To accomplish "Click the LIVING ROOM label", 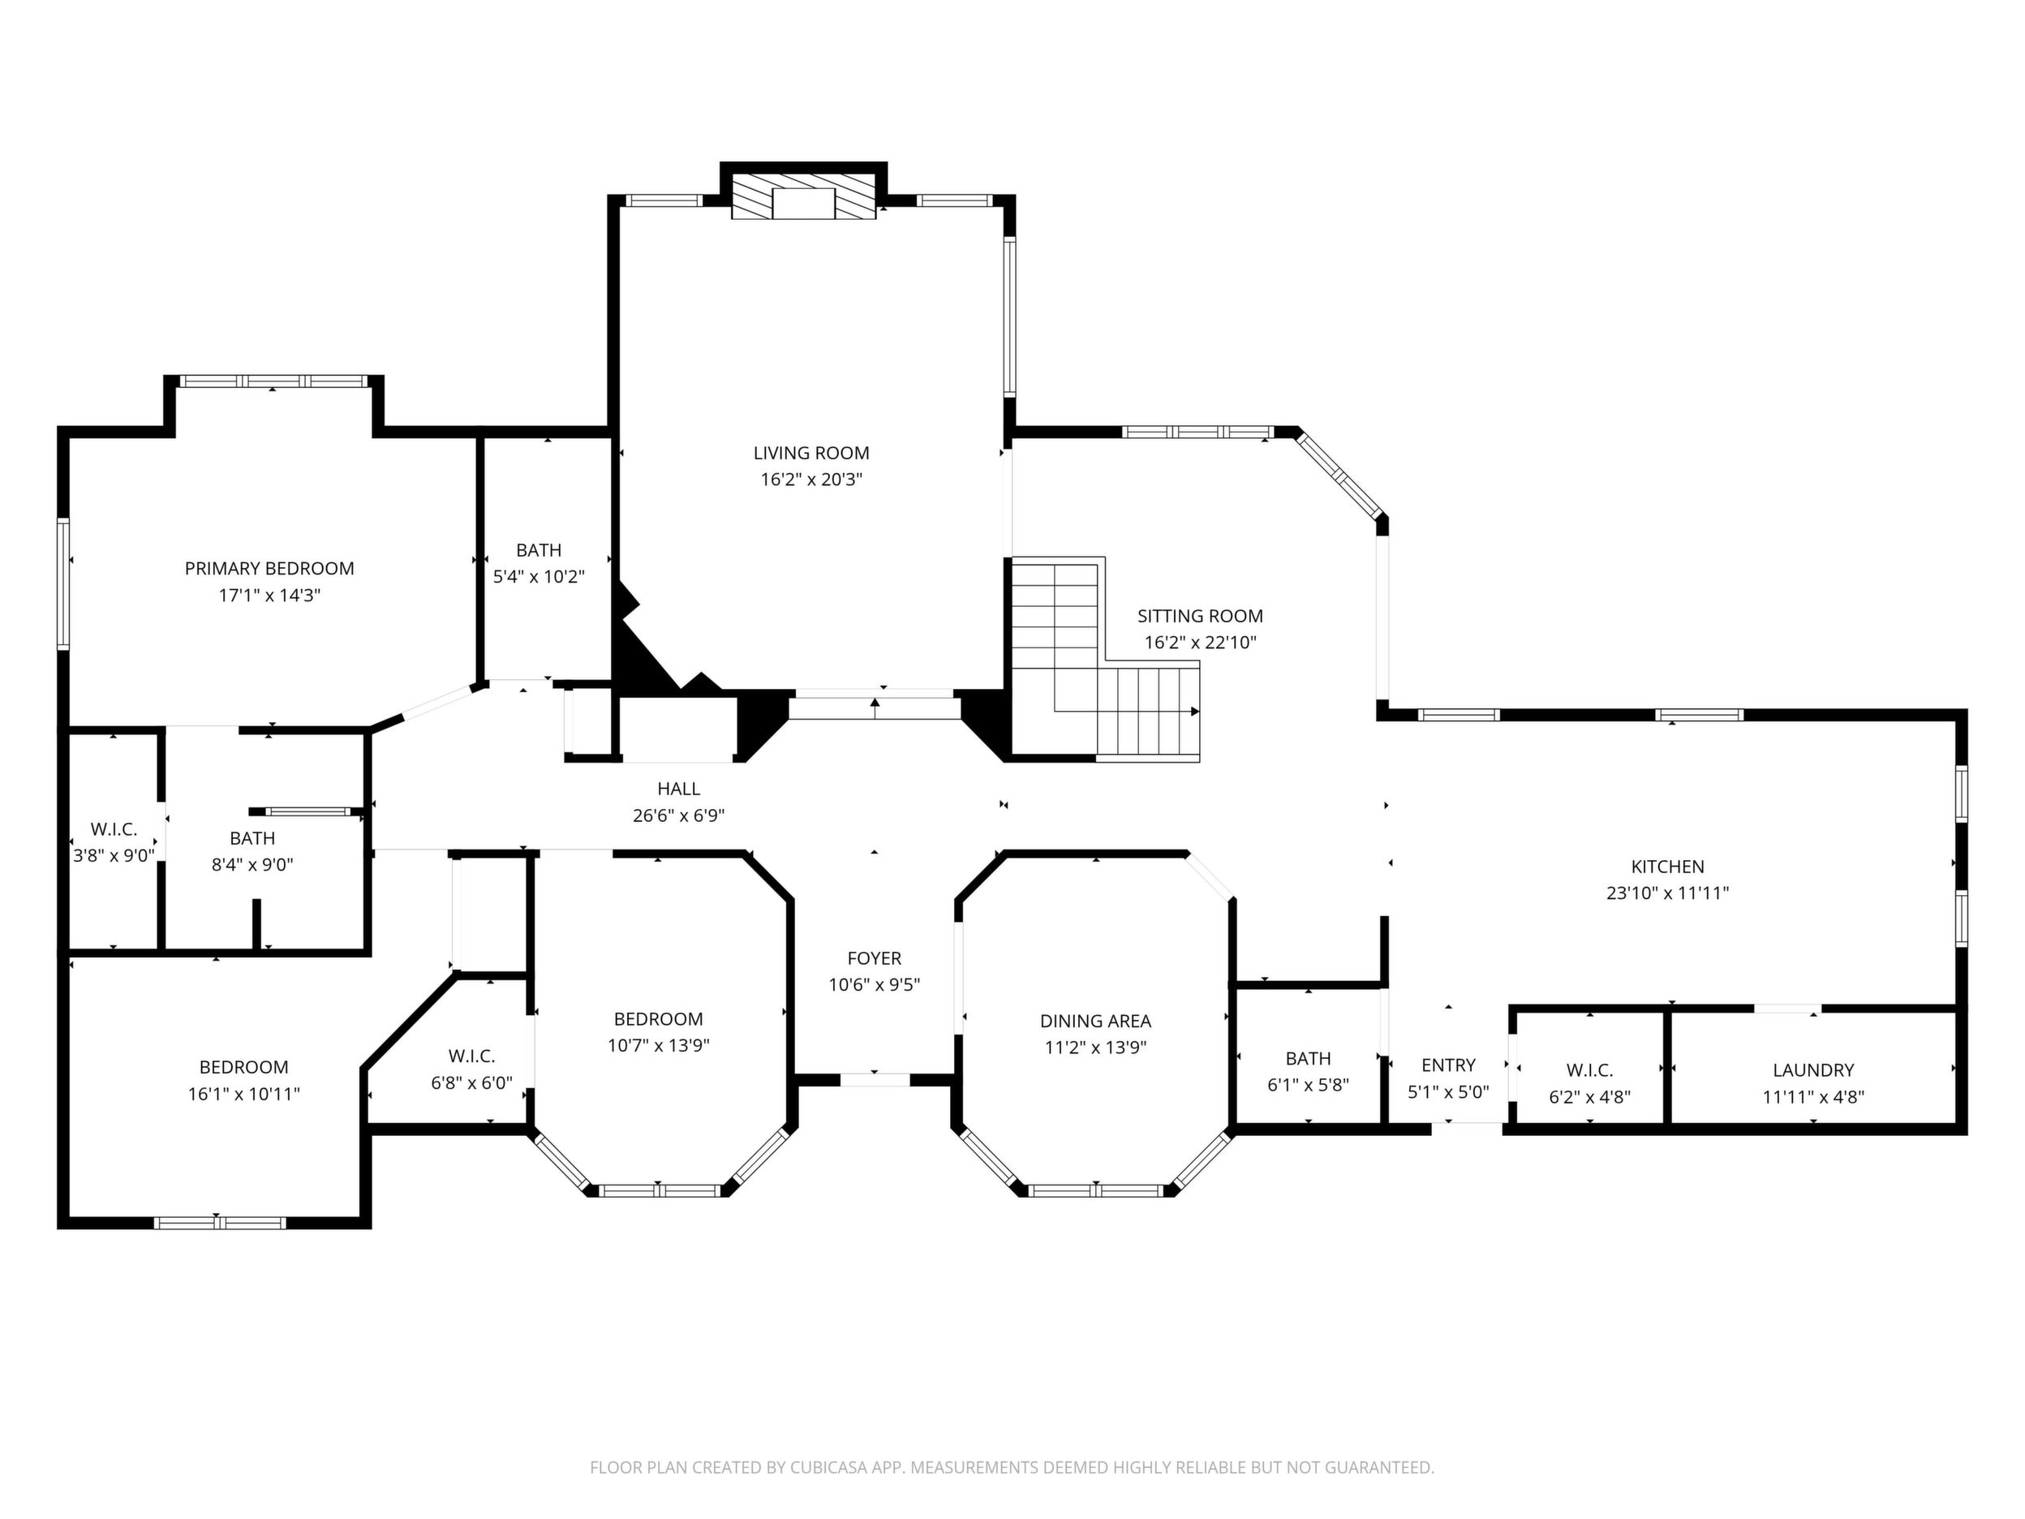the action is [x=811, y=454].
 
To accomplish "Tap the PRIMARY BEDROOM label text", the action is [x=269, y=569].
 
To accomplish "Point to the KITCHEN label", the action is [x=1667, y=867].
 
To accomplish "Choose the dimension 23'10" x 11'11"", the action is [x=1667, y=893].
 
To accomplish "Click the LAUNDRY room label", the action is [x=1813, y=1070].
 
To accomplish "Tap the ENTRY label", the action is [x=1448, y=1065].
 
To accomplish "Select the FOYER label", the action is [x=875, y=958].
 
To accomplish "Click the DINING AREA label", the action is [x=1095, y=1021].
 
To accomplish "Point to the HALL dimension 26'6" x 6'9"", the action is [x=678, y=815].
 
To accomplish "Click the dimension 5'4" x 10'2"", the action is [x=538, y=577].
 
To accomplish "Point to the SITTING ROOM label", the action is [x=1200, y=616].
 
